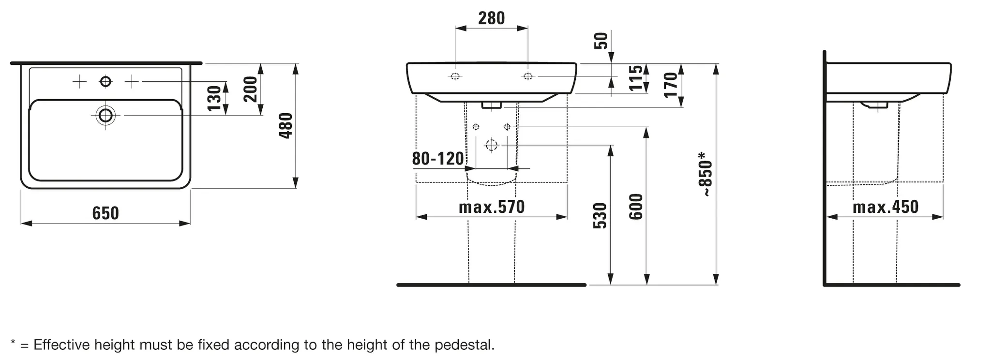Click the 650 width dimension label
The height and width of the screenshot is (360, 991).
[x=105, y=213]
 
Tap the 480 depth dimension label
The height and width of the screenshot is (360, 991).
[x=286, y=126]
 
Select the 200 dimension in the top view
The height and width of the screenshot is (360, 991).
[x=250, y=89]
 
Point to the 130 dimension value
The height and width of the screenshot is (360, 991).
[x=214, y=98]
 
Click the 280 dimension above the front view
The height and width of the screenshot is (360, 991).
[x=492, y=18]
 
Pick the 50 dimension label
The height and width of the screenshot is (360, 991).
[x=601, y=41]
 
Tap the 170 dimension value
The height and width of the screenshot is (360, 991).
[x=670, y=85]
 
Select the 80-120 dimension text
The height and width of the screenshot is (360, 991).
[x=438, y=158]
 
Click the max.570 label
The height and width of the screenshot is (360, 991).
[x=492, y=207]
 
